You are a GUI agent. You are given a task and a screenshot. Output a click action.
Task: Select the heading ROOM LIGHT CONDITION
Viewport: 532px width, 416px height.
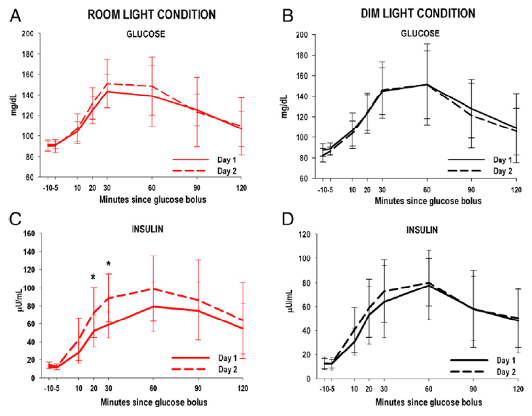(x=151, y=15)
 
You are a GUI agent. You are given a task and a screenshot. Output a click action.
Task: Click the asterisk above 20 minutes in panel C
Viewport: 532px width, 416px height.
(x=93, y=277)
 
